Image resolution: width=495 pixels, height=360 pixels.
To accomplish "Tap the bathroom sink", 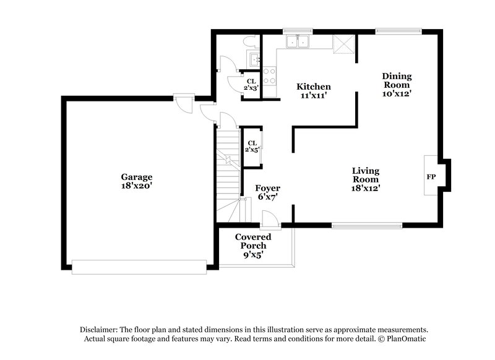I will [x=254, y=59].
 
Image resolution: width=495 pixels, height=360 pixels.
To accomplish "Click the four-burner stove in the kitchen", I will [x=270, y=75].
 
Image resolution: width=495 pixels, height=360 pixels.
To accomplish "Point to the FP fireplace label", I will [x=431, y=176].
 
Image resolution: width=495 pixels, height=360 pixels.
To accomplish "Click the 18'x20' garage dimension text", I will [x=137, y=185].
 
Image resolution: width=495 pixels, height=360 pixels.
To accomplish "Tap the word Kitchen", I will [x=313, y=87].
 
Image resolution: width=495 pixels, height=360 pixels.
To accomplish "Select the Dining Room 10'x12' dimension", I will [x=397, y=94].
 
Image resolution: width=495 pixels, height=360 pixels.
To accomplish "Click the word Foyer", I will [x=268, y=188].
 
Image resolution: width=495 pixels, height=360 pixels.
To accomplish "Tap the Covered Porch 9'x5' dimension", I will [x=251, y=254].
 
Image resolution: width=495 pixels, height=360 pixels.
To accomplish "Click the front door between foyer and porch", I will [x=269, y=219].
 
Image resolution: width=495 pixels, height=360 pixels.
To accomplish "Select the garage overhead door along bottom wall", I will [x=139, y=267].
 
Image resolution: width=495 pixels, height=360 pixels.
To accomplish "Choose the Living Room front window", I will [x=366, y=225].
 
